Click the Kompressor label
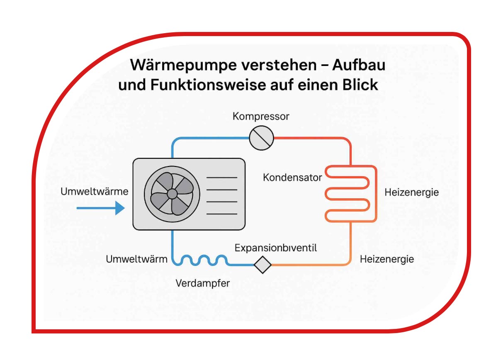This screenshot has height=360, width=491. point(261,116)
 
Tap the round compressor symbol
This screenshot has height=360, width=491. point(262,138)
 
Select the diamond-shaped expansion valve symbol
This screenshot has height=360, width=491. point(262,264)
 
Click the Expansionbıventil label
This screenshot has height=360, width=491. point(276,248)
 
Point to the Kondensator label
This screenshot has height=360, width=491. point(292,178)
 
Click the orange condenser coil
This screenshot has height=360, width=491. point(350,193)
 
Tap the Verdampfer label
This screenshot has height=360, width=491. point(202,283)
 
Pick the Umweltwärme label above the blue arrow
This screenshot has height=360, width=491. point(94,192)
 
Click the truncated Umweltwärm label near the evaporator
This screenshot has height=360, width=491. point(136,259)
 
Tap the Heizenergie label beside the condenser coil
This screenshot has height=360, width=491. point(411,192)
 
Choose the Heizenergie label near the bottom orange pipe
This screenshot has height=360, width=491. point(386,259)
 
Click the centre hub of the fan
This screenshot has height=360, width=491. point(172,194)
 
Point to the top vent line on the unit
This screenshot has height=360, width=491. point(221,178)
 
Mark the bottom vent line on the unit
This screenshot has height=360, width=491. point(221,214)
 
